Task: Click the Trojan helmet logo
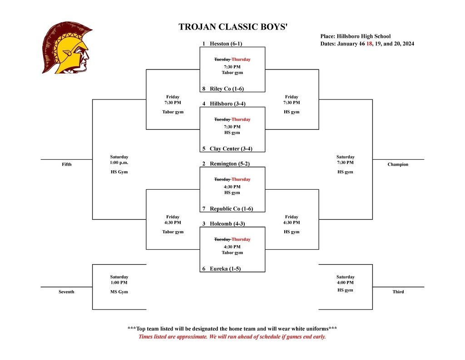point(67,47)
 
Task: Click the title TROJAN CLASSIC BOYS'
point(232,27)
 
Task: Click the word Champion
point(398,164)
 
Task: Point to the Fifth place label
point(66,164)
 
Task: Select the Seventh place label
point(66,292)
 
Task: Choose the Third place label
point(398,292)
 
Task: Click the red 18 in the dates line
point(369,44)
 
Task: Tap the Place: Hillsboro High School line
point(355,36)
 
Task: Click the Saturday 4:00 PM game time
point(345,280)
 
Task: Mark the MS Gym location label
point(119,292)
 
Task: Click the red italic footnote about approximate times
point(232,337)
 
